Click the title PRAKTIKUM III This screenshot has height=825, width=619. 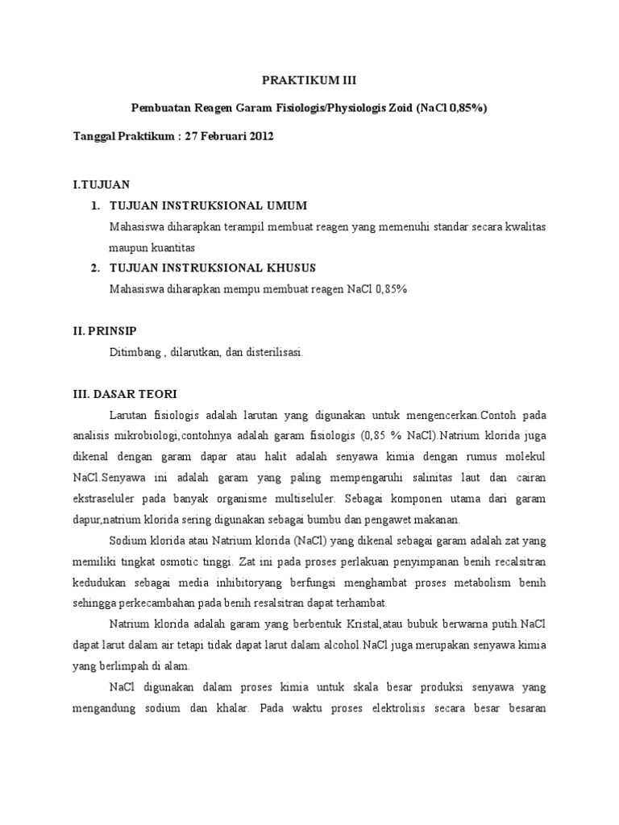(309, 81)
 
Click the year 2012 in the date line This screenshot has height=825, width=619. (260, 136)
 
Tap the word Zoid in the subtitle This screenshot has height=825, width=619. (396, 109)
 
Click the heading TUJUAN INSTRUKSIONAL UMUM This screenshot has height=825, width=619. (208, 206)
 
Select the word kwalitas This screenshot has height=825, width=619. (523, 227)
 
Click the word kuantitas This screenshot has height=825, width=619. (170, 247)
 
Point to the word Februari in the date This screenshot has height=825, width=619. (223, 136)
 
